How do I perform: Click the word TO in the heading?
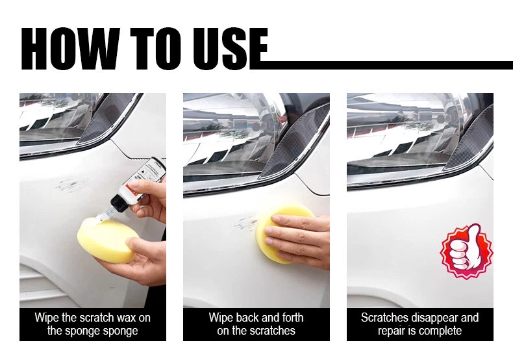tap(155, 49)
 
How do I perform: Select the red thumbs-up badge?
tap(466, 251)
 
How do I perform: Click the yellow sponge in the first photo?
tap(106, 240)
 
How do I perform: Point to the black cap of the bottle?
tap(118, 203)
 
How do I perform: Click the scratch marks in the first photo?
tap(71, 185)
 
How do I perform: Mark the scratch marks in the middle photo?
tap(245, 223)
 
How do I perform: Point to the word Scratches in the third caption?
tap(384, 318)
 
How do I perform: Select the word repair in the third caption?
tap(390, 331)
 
